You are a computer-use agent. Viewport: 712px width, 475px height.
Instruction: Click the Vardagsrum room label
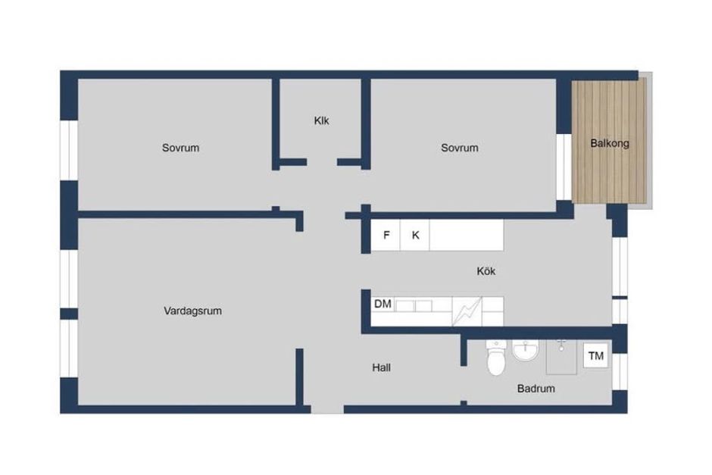click(x=192, y=311)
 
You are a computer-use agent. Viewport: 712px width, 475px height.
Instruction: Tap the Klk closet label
click(x=321, y=120)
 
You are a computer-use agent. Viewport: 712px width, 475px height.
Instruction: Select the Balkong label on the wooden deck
click(x=610, y=143)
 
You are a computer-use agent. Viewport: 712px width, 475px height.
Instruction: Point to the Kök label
click(x=486, y=271)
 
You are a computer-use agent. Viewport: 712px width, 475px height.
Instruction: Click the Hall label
click(x=382, y=368)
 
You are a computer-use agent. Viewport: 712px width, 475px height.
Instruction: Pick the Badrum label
click(x=536, y=389)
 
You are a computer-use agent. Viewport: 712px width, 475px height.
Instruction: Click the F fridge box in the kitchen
click(x=386, y=236)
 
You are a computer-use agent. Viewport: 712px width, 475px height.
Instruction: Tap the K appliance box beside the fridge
click(x=415, y=236)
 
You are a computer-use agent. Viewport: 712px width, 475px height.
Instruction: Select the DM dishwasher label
click(x=383, y=304)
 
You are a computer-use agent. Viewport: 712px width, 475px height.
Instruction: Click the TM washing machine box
click(x=596, y=355)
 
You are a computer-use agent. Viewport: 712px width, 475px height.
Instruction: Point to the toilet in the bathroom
click(x=496, y=359)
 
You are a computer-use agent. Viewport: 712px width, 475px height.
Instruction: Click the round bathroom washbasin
click(x=526, y=351)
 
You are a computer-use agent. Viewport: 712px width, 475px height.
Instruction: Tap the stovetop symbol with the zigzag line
click(x=467, y=311)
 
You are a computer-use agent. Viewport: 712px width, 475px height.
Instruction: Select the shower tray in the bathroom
click(x=562, y=357)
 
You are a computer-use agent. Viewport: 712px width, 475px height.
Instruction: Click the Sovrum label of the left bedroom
click(x=180, y=148)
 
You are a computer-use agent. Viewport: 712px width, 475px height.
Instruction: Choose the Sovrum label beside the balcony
click(x=460, y=148)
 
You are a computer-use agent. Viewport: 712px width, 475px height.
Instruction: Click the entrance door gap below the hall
click(x=327, y=410)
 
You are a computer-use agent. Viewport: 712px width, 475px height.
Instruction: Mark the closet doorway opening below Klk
click(x=322, y=162)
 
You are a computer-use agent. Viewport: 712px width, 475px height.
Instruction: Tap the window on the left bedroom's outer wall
click(x=69, y=150)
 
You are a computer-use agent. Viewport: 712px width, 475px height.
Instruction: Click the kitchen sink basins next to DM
click(x=414, y=306)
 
